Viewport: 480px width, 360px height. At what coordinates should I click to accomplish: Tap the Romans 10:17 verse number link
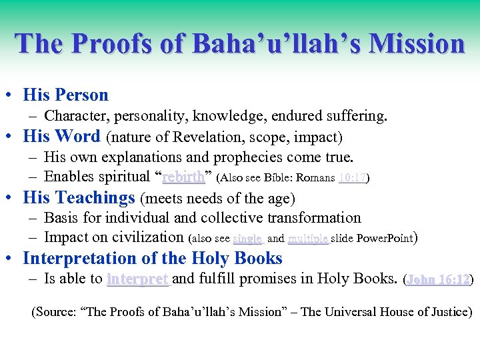[352, 178]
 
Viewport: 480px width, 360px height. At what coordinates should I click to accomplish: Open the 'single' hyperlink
[247, 238]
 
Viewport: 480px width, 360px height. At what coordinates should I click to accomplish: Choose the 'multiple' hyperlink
[307, 238]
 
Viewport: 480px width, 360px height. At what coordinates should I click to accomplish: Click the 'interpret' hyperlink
[138, 279]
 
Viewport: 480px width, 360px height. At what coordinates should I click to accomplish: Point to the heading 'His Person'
[65, 95]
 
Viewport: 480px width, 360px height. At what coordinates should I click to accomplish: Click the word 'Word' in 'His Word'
[78, 137]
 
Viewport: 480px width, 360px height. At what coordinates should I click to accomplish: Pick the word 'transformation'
[311, 218]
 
